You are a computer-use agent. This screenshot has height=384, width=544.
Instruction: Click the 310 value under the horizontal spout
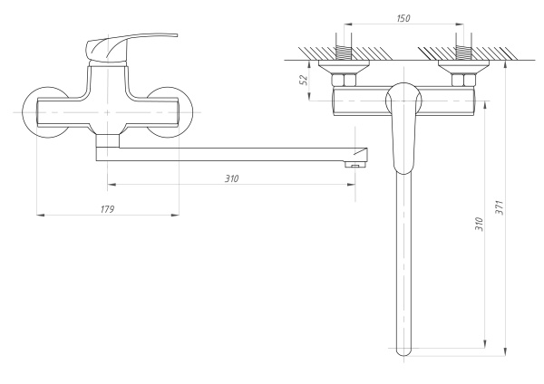tap(231, 178)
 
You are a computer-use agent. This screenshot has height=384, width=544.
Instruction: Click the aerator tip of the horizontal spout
tap(354, 164)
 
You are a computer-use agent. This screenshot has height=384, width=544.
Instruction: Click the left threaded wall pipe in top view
tap(344, 47)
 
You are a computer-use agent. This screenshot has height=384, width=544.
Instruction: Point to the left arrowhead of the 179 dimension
tap(37, 215)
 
